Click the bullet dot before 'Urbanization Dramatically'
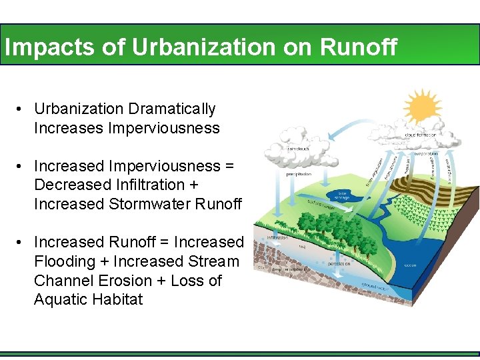click(x=22, y=109)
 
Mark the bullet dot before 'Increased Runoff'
click(x=22, y=242)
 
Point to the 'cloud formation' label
click(x=420, y=135)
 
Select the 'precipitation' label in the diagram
click(x=299, y=175)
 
